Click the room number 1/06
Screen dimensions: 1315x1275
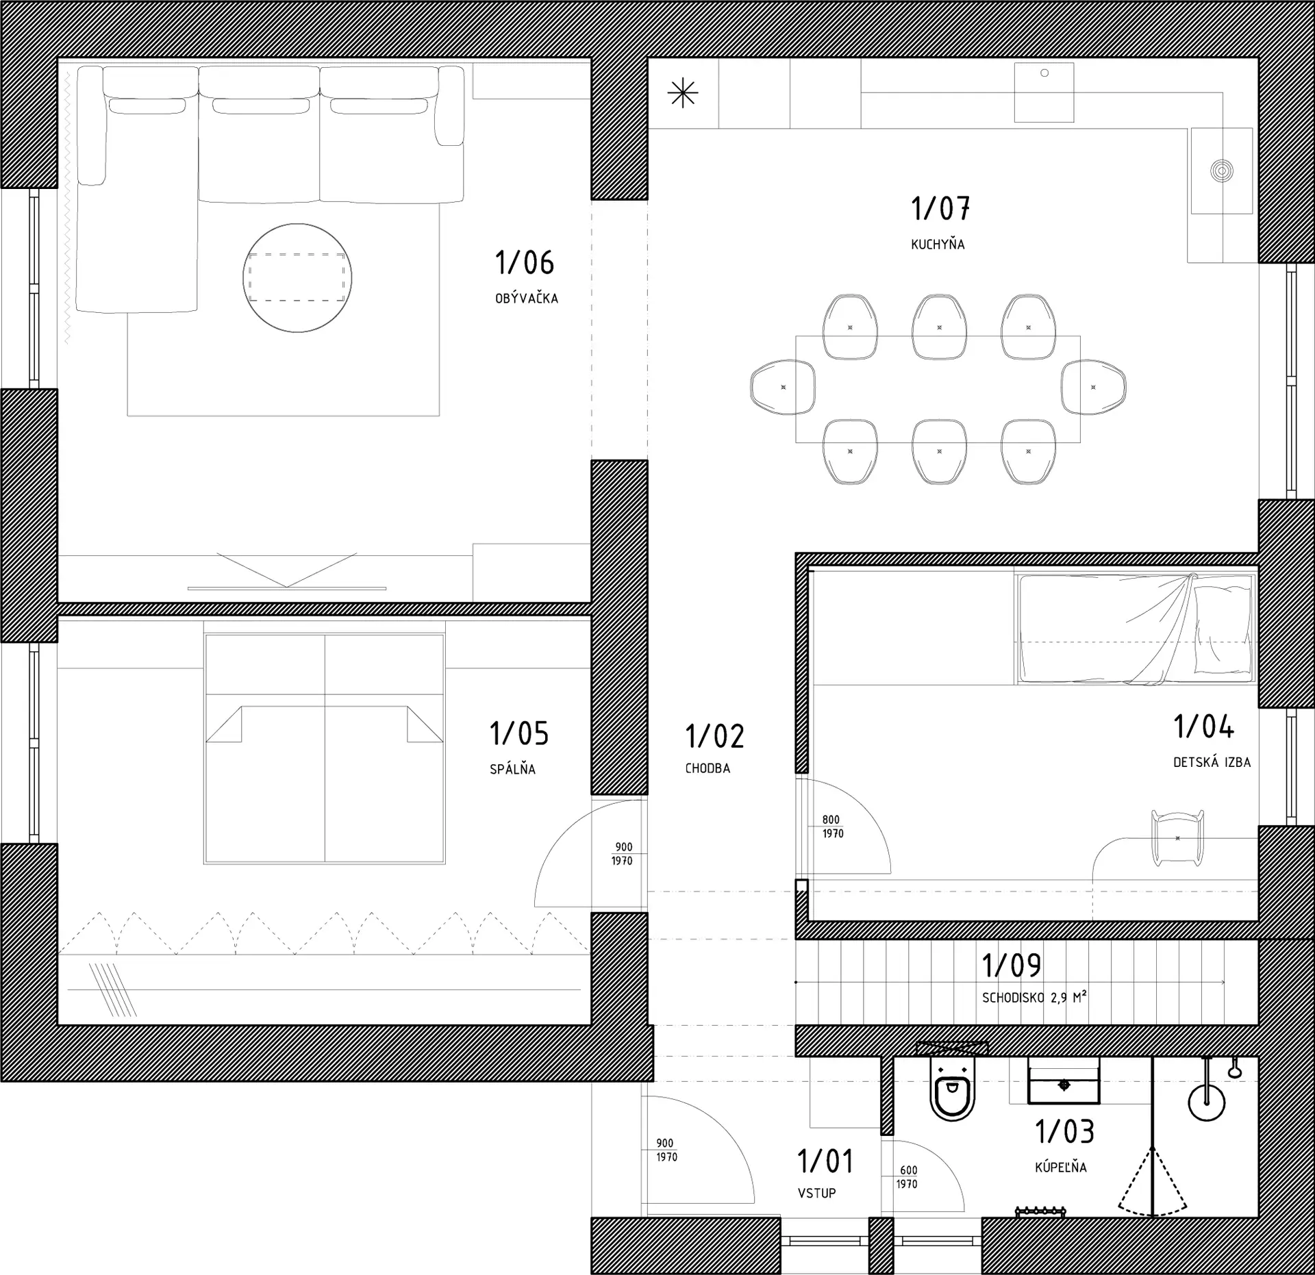(x=524, y=262)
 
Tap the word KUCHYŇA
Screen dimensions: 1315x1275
(x=938, y=244)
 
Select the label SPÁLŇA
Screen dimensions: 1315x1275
(x=512, y=769)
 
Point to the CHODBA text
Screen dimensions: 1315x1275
(x=707, y=768)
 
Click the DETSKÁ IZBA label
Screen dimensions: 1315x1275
(x=1212, y=762)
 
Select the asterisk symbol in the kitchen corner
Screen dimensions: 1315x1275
(x=683, y=94)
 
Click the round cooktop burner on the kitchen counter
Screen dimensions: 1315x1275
(x=1222, y=171)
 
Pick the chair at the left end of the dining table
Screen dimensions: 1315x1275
(x=783, y=387)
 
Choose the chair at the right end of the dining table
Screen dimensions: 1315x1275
(x=1093, y=387)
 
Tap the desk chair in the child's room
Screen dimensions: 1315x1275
(x=1177, y=837)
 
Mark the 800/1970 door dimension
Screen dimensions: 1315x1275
(x=833, y=826)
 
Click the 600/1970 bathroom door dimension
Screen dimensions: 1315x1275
(x=907, y=1177)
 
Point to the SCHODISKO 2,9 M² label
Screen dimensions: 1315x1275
(x=1034, y=998)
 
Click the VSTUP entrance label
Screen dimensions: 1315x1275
(x=816, y=1193)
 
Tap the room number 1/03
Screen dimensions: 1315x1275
(x=1064, y=1132)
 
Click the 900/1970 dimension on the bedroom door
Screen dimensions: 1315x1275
(x=622, y=854)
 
